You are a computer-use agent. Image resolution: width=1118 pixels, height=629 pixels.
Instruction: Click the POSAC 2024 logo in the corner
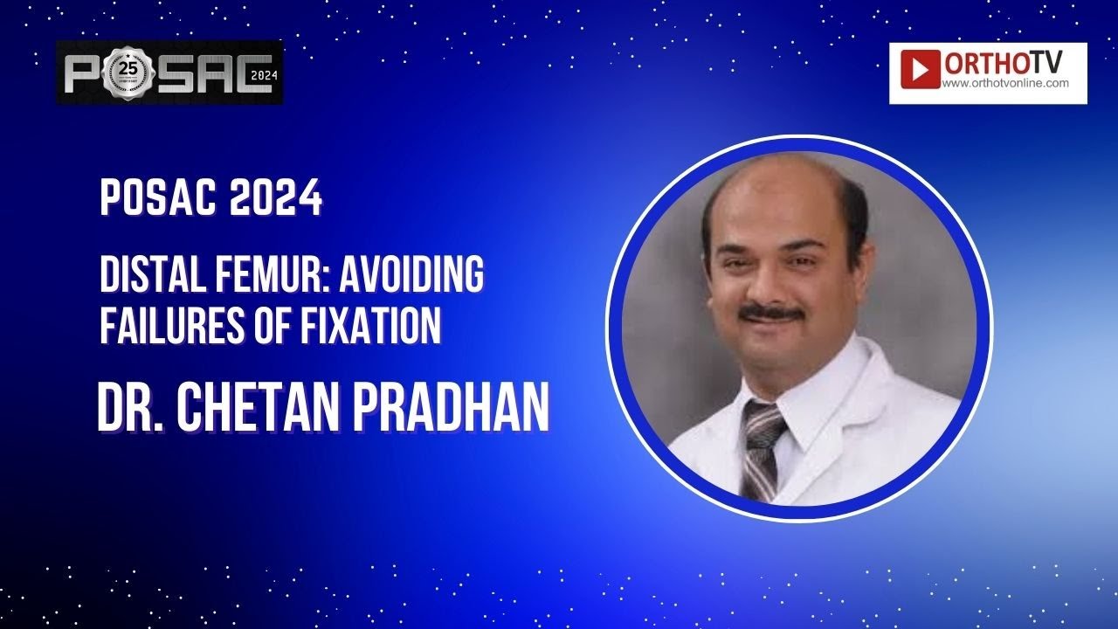click(169, 73)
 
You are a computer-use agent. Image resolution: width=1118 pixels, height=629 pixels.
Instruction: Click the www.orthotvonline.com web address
click(1006, 84)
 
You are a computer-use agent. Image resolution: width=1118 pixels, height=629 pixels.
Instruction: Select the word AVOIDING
click(411, 278)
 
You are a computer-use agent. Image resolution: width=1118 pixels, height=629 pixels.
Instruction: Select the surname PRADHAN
click(457, 406)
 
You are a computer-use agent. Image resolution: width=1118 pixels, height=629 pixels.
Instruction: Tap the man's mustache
click(770, 313)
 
